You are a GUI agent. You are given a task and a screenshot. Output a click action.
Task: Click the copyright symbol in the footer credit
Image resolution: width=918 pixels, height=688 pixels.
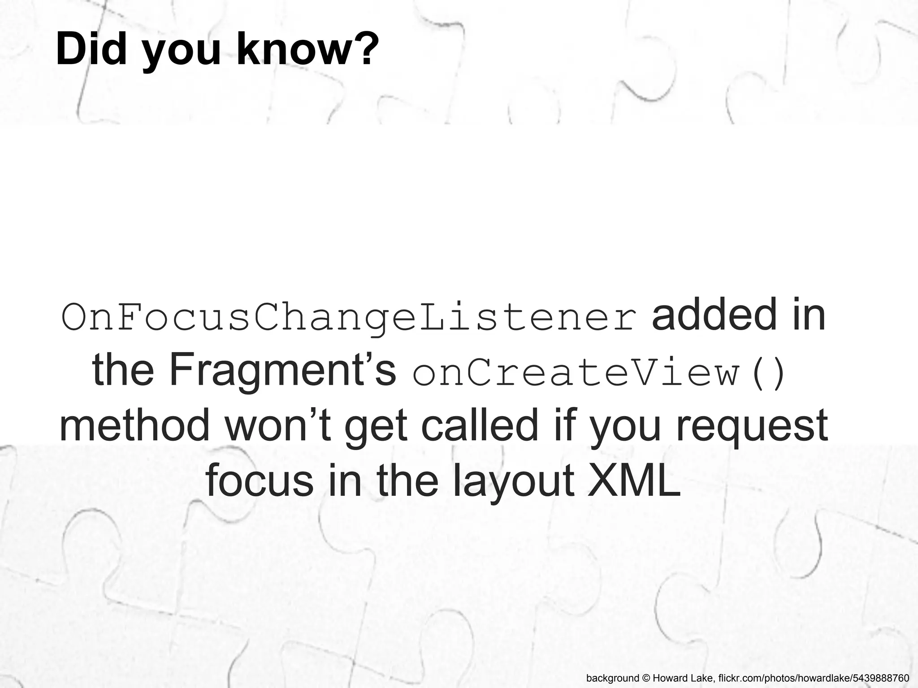coord(645,678)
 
